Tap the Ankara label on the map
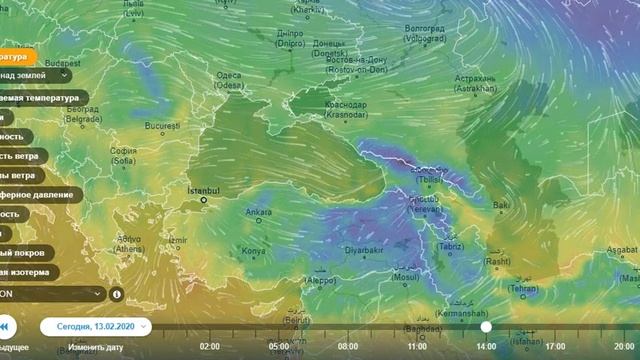258,212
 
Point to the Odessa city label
229,80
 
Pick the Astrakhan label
475,81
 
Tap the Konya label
253,250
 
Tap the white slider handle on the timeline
486,326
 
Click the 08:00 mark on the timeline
349,346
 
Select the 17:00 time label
555,346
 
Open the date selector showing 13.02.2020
96,326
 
